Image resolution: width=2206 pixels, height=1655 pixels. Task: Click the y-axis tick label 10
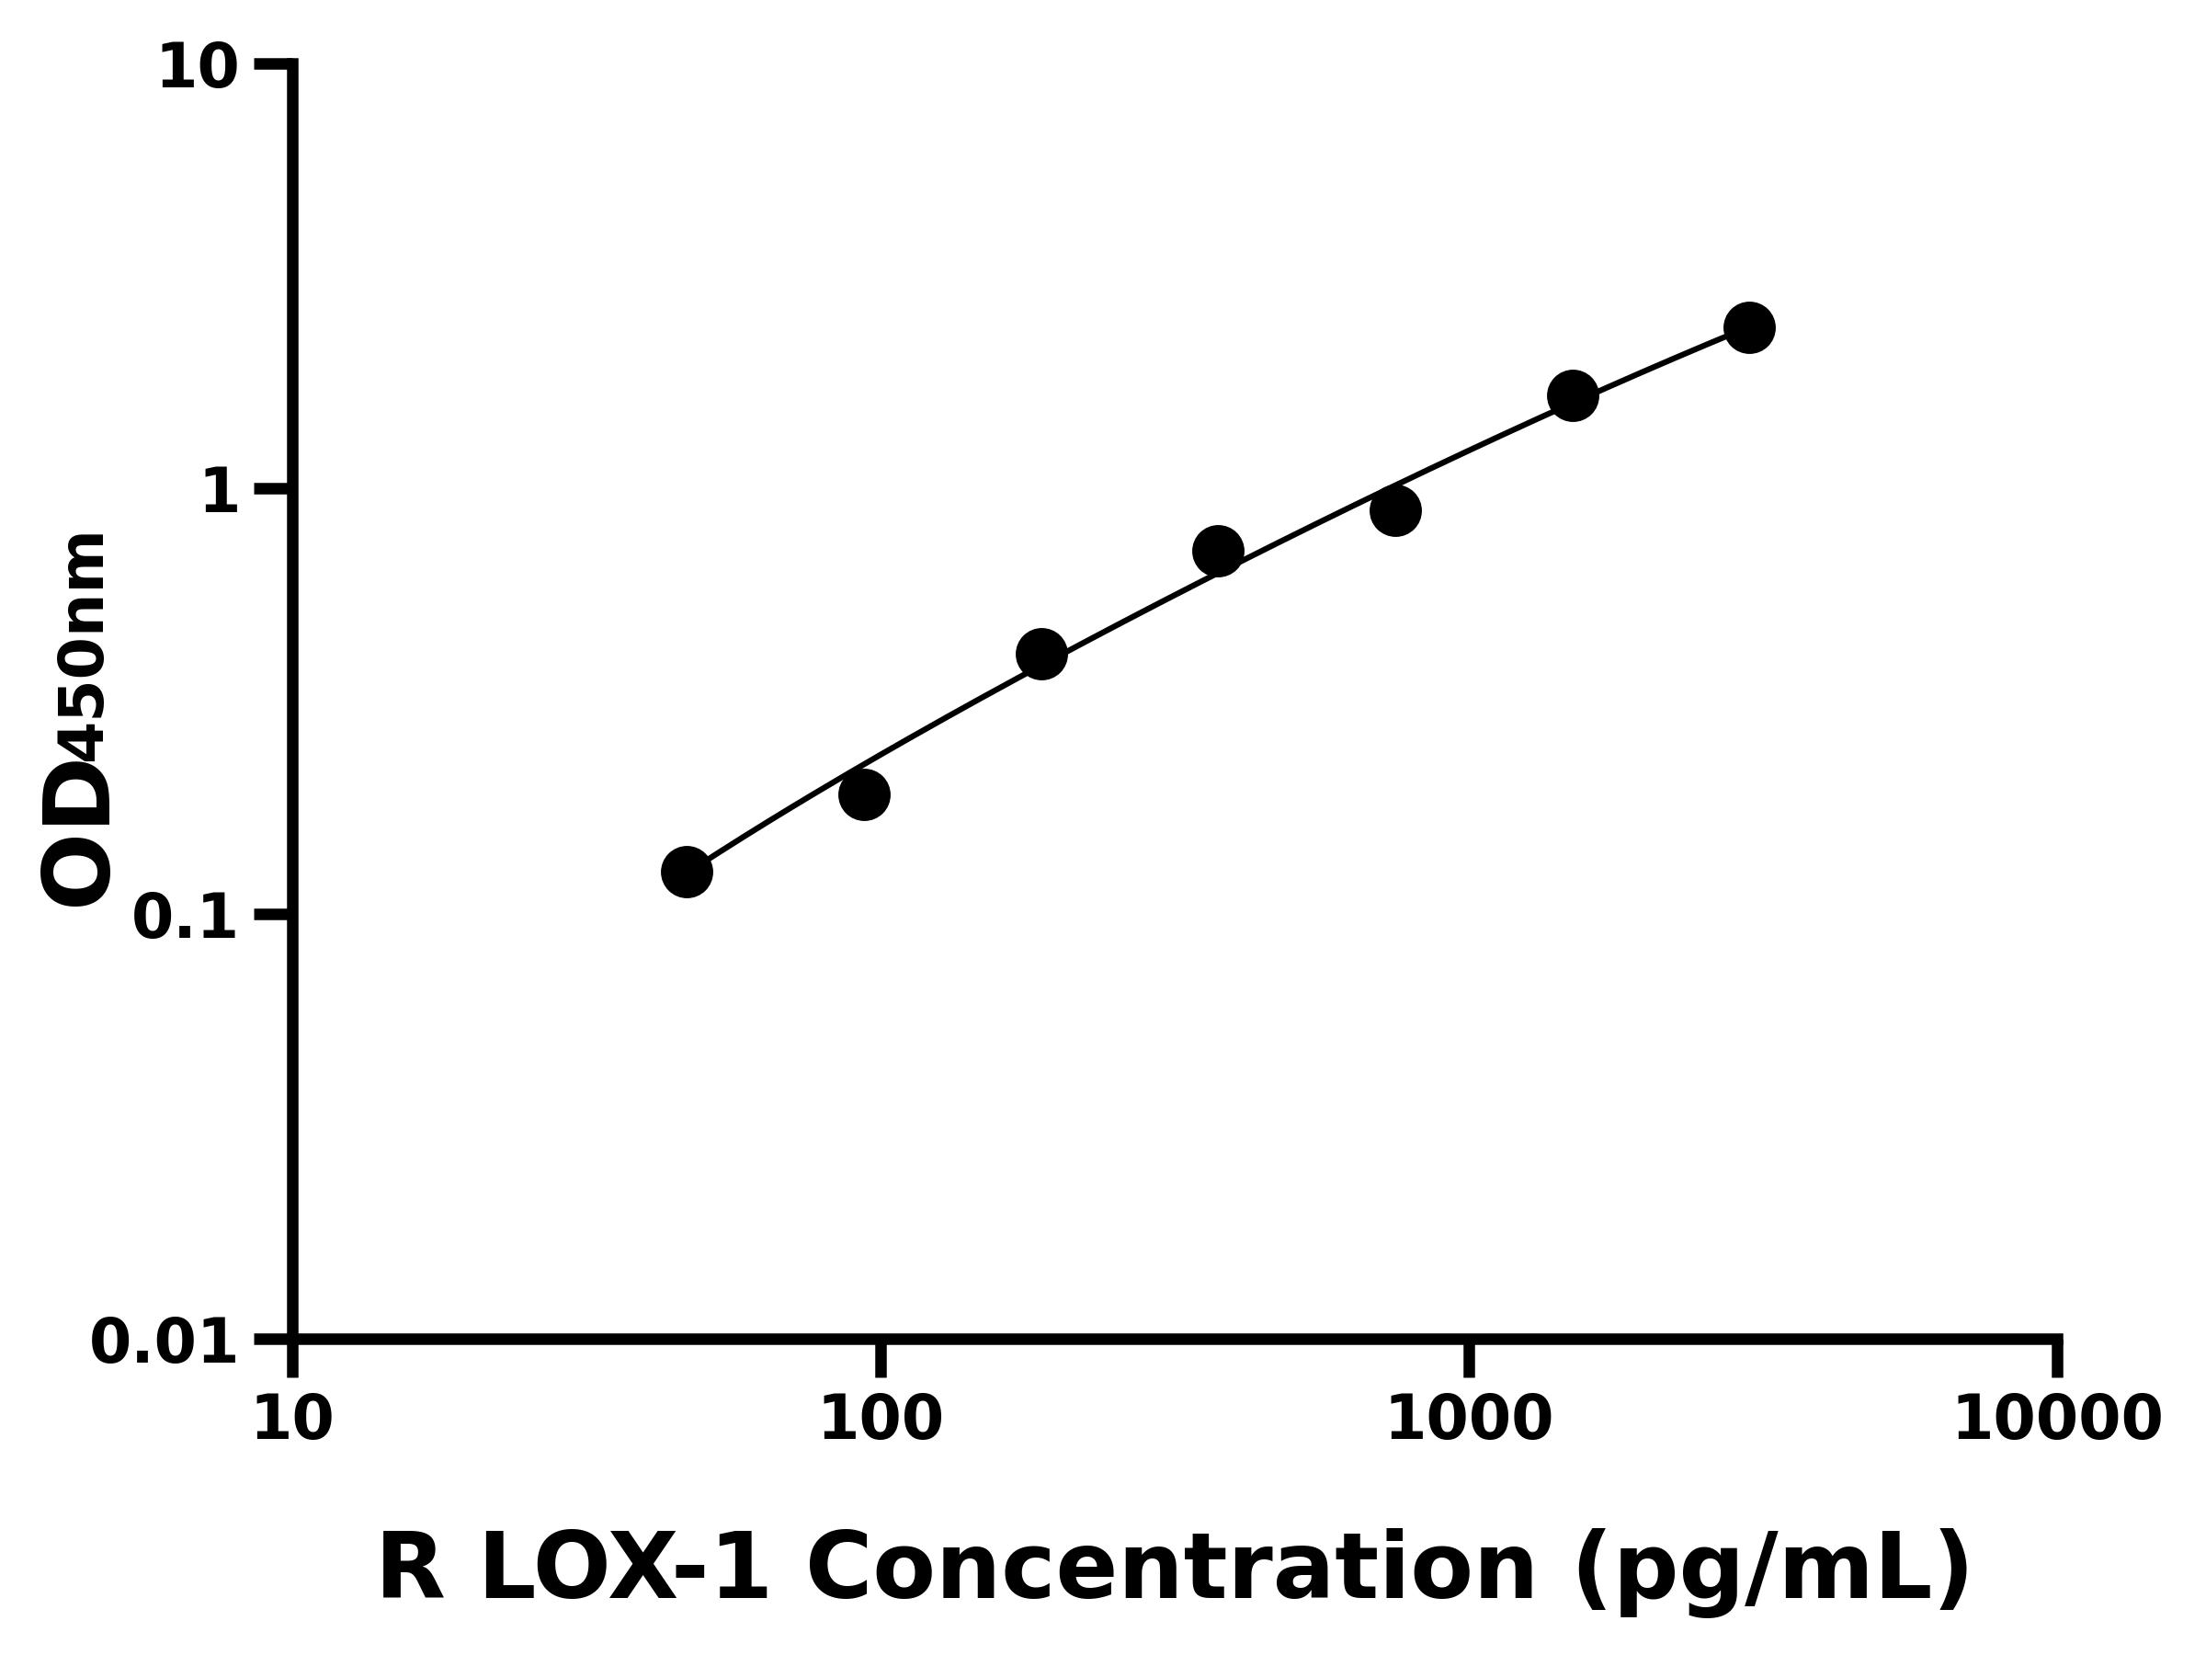(199, 70)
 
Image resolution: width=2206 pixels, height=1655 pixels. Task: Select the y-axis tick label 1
(221, 493)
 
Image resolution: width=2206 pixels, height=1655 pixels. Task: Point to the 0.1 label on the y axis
(186, 918)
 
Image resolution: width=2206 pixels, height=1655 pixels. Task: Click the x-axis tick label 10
(292, 1418)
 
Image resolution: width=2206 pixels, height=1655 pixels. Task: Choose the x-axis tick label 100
(881, 1418)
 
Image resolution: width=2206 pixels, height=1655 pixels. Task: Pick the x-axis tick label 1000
(1469, 1418)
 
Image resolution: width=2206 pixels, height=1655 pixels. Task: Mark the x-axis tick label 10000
(2056, 1418)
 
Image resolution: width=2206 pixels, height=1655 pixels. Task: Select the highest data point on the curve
(1749, 327)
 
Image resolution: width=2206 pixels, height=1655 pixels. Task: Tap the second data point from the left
(864, 795)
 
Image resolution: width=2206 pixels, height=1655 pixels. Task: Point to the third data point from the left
(1041, 655)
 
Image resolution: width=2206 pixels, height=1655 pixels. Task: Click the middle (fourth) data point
(1218, 551)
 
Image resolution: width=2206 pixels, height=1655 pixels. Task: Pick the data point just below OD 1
(1395, 512)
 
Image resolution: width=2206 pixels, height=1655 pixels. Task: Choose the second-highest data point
(1573, 396)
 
